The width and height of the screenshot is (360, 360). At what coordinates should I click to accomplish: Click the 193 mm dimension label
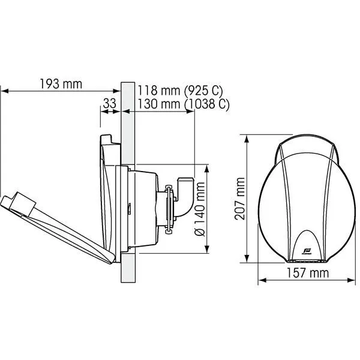coord(61,83)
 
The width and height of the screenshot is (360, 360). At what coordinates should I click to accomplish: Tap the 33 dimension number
coord(109,103)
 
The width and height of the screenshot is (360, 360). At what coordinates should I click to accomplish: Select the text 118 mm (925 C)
coord(180,91)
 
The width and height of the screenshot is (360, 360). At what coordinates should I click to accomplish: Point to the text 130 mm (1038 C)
coord(183,104)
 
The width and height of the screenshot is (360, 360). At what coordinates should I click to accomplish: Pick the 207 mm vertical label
coord(240,198)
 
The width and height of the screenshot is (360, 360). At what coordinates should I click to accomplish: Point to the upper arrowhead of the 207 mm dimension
coord(247,137)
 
